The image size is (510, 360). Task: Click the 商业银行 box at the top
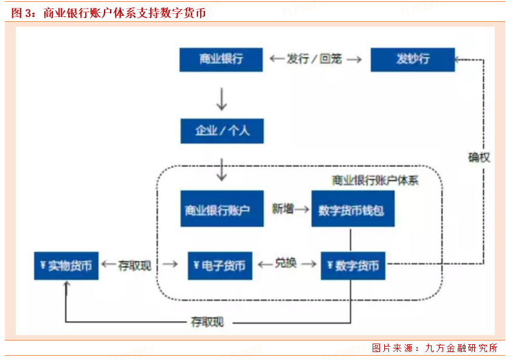221,59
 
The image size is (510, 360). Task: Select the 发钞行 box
412,59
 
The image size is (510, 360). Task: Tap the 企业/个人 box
222,131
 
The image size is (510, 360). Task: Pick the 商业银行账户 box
222,210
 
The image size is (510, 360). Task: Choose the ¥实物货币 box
66,266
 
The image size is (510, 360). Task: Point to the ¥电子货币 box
219,266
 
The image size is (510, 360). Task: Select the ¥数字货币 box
353,266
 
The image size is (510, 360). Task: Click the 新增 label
283,209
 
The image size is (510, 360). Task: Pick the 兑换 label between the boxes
286,264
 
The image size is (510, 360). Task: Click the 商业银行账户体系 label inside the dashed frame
375,180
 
